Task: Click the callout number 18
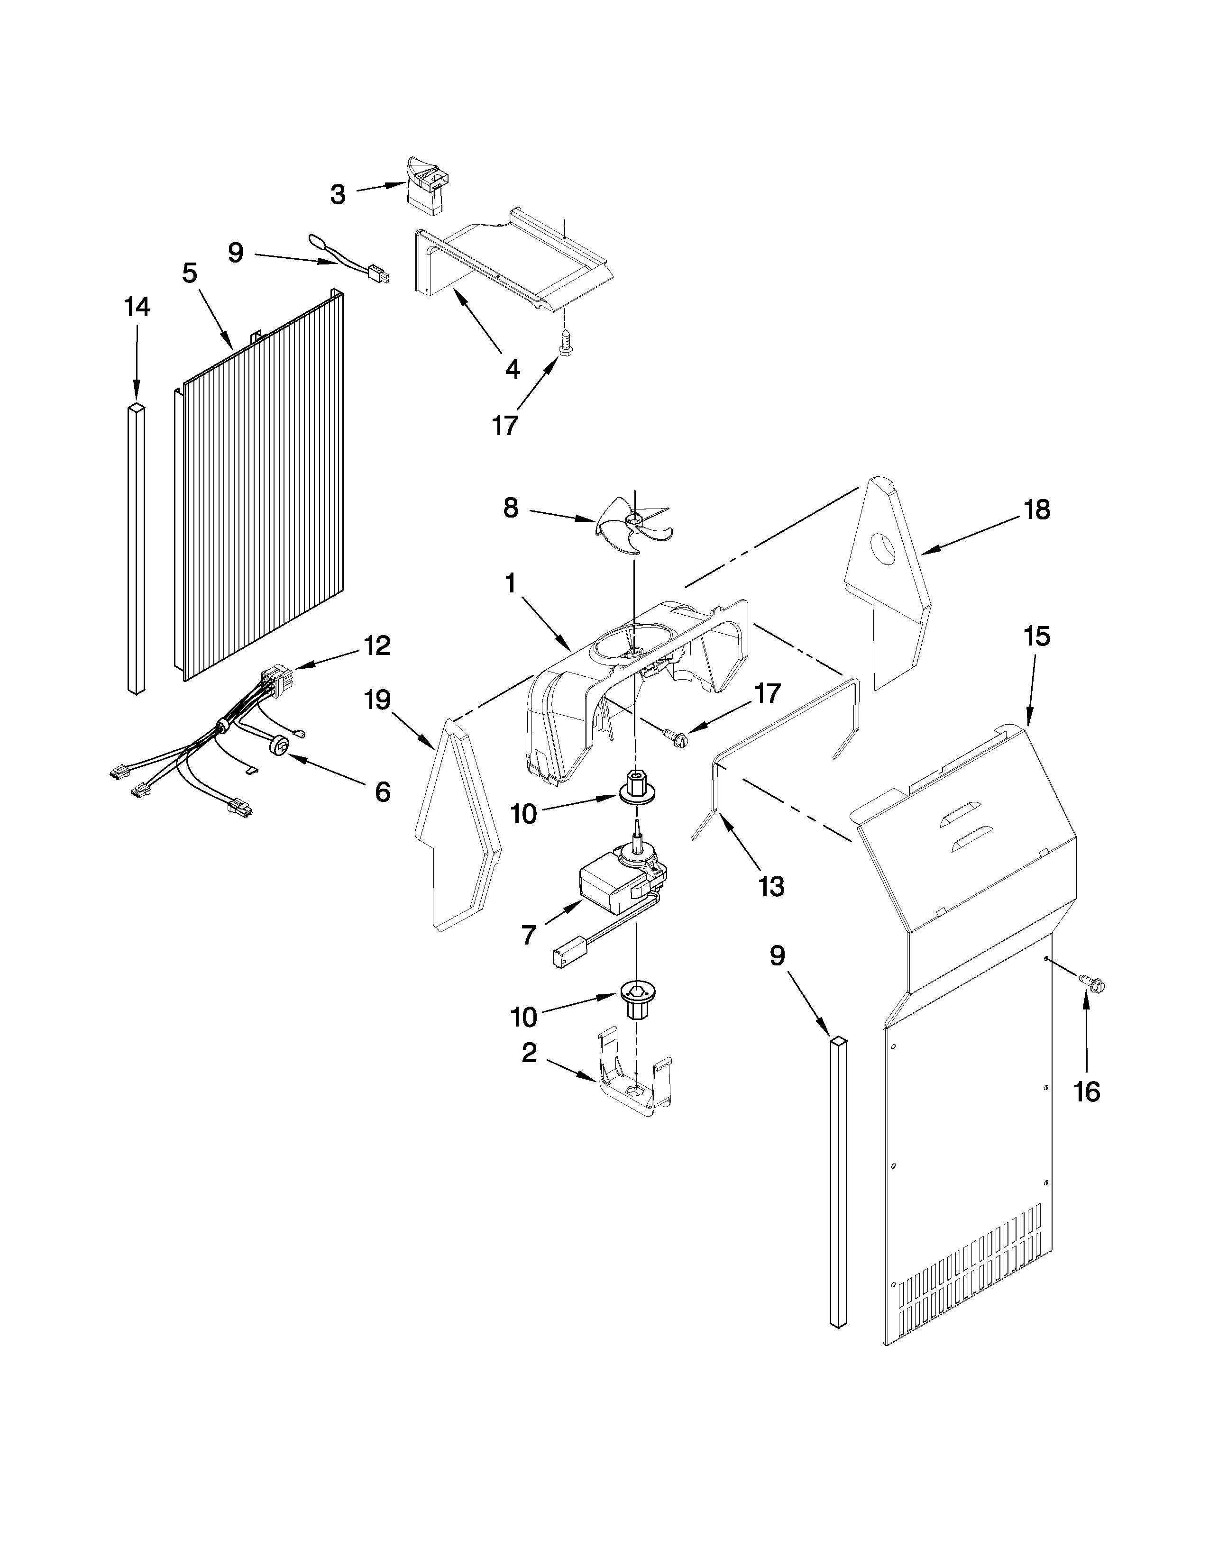[1037, 510]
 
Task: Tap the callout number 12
[377, 646]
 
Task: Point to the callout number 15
[1037, 636]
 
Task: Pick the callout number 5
[189, 273]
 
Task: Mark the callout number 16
[1087, 1092]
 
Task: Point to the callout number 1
[510, 583]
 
